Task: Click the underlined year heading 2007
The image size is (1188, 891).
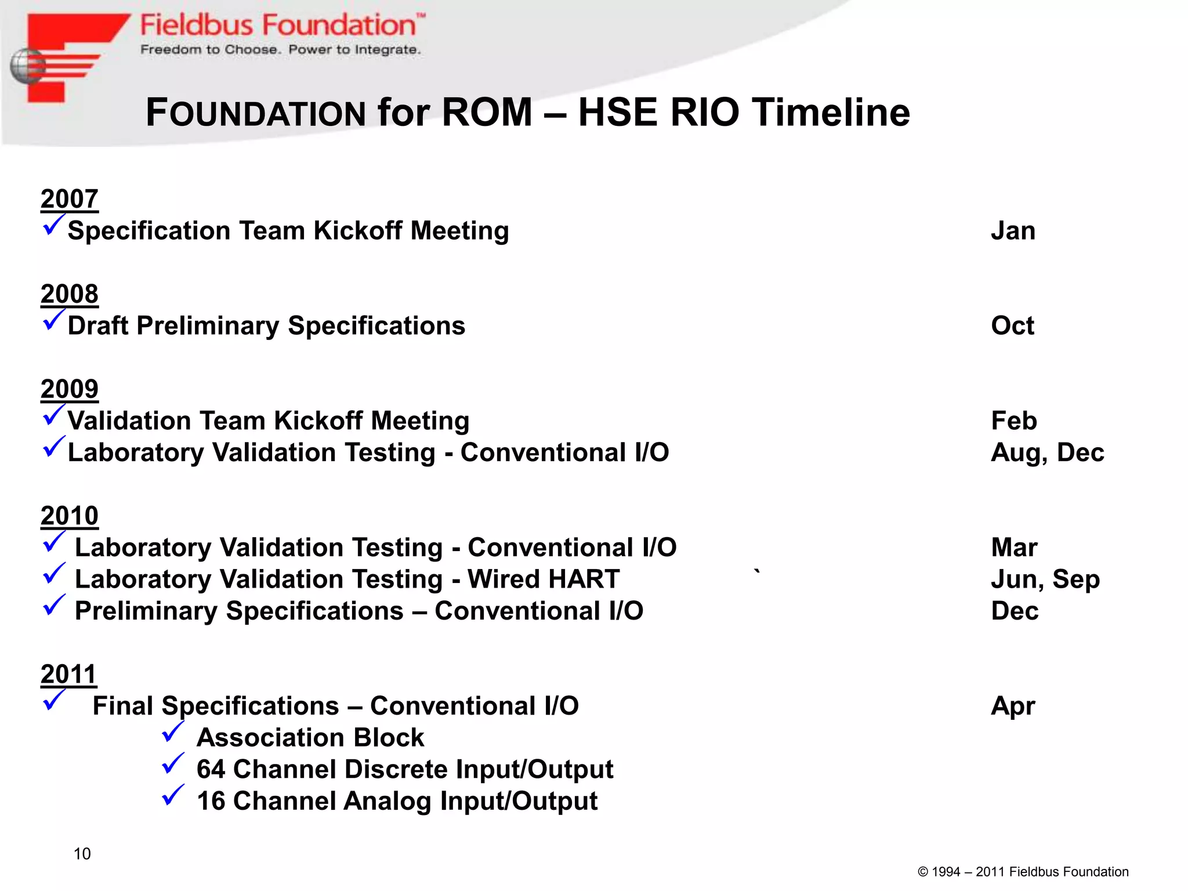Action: [x=70, y=199]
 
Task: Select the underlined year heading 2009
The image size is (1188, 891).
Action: [x=70, y=389]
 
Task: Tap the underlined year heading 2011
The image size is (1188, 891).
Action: [x=68, y=675]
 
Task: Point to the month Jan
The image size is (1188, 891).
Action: [x=1013, y=231]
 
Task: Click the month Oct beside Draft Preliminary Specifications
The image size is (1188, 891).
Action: [x=1012, y=326]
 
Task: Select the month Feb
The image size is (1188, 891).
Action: [x=1013, y=421]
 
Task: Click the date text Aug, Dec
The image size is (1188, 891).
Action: [x=1047, y=453]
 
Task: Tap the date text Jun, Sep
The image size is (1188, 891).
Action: [x=1045, y=579]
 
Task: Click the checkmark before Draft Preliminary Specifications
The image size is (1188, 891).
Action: [x=53, y=320]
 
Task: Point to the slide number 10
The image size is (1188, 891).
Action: [x=82, y=854]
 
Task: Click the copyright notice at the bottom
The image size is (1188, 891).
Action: [x=1023, y=872]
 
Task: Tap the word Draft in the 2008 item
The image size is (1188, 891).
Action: [x=98, y=326]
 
